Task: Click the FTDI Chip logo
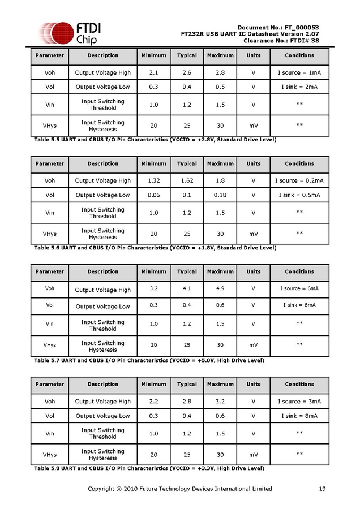[x=68, y=33]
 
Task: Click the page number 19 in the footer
[x=322, y=489]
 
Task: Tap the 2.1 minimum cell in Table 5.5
[x=154, y=72]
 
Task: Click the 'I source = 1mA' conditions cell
[x=299, y=72]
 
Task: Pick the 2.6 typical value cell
[x=187, y=72]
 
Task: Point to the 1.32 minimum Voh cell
[x=154, y=180]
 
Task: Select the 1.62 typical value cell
[x=187, y=180]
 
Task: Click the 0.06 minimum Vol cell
[x=154, y=195]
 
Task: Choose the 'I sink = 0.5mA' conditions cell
[x=299, y=195]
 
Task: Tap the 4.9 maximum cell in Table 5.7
[x=220, y=288]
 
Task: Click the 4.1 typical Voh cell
[x=187, y=288]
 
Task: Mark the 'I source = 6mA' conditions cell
[x=299, y=288]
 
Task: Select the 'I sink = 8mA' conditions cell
[x=299, y=416]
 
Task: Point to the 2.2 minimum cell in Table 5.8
[x=154, y=401]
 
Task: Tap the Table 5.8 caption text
[x=149, y=468]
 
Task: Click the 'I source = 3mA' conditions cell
[x=299, y=401]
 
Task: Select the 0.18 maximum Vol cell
[x=220, y=195]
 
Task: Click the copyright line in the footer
[x=180, y=489]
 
